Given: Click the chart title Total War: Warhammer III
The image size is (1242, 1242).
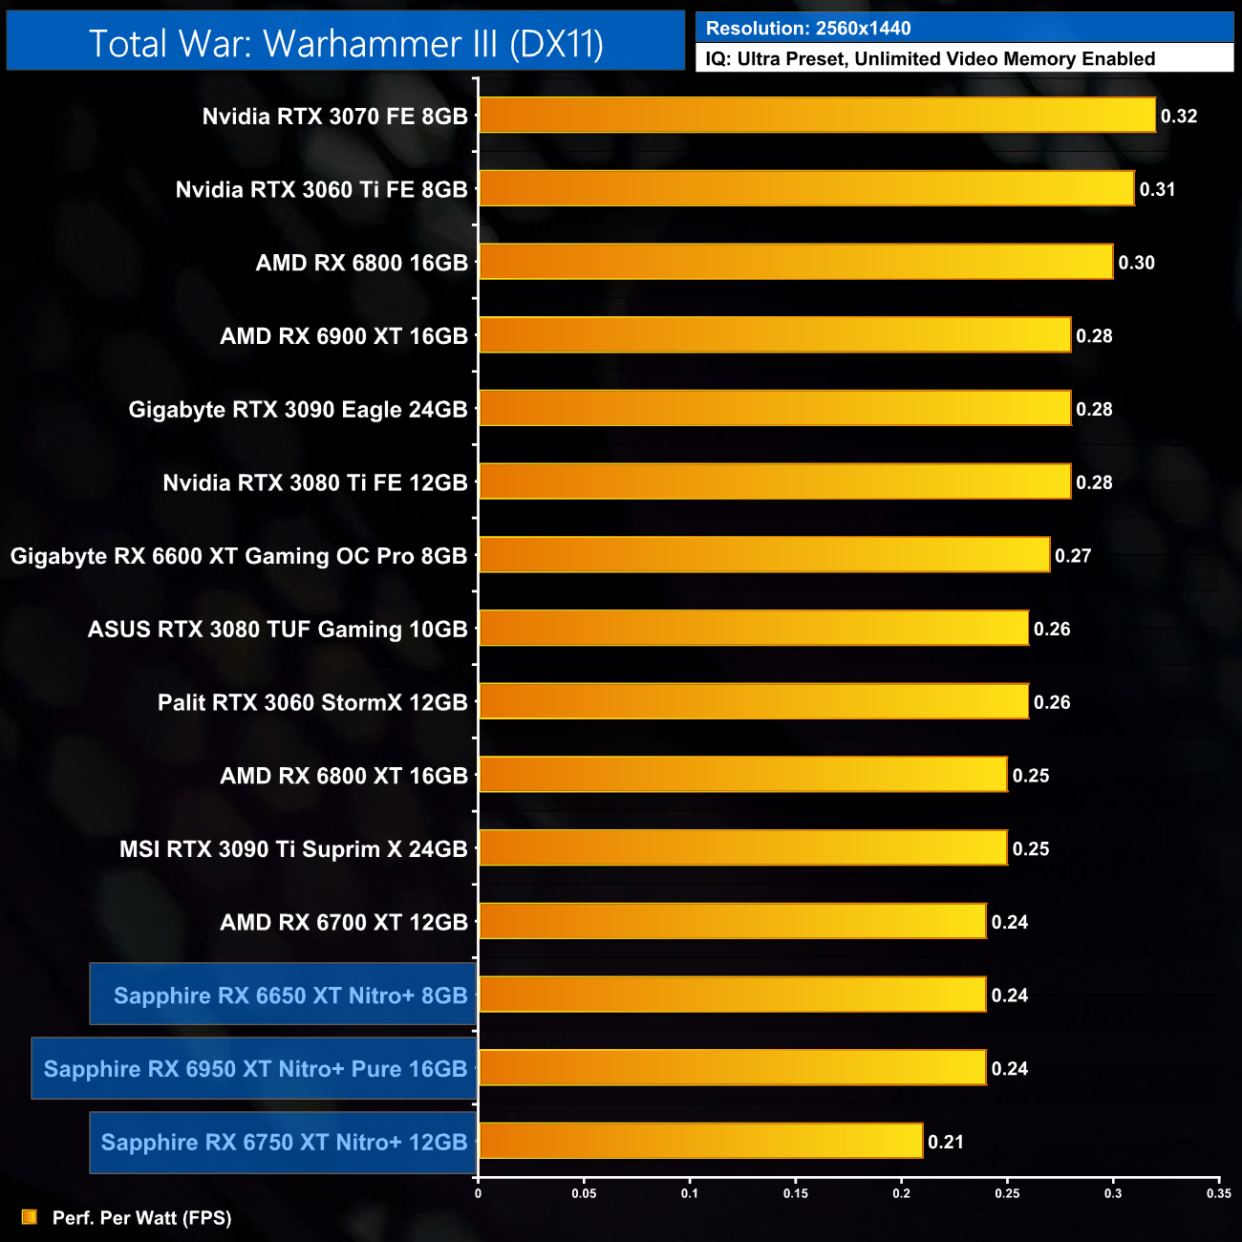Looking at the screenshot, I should point(346,44).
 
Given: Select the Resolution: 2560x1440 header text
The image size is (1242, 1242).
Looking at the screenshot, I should point(808,29).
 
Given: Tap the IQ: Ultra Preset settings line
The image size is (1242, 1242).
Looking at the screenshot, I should point(930,59).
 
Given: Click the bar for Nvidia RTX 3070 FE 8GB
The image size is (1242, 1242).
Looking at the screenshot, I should point(817,116).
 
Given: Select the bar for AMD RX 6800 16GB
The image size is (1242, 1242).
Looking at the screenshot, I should point(796,262).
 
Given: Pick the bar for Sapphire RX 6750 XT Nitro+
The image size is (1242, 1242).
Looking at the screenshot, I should point(700,1141).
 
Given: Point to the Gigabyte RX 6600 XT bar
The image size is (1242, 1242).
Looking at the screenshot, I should point(764,555).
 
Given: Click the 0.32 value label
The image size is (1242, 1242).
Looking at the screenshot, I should point(1179,117).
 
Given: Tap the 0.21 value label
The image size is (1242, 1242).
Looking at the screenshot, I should point(946,1142).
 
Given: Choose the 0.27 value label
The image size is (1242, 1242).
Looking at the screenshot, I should point(1073,556).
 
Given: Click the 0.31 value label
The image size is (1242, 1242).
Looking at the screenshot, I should point(1157,189).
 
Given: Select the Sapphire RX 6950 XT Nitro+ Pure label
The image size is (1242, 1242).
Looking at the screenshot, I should point(255,1069).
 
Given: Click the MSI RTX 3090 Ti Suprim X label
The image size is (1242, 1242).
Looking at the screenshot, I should point(293,849).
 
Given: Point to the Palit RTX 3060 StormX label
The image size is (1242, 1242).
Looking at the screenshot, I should point(312,703).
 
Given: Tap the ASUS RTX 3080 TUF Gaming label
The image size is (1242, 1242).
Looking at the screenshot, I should point(277,630).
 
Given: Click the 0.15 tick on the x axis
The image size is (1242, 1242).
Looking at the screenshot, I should point(796,1193).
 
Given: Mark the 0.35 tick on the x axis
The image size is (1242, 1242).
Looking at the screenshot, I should point(1218,1193).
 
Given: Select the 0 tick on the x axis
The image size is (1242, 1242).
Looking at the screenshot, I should point(478,1193).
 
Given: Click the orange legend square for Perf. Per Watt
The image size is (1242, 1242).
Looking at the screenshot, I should point(30,1217).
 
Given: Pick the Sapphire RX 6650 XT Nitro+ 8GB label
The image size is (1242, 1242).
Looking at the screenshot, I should point(290,996).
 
